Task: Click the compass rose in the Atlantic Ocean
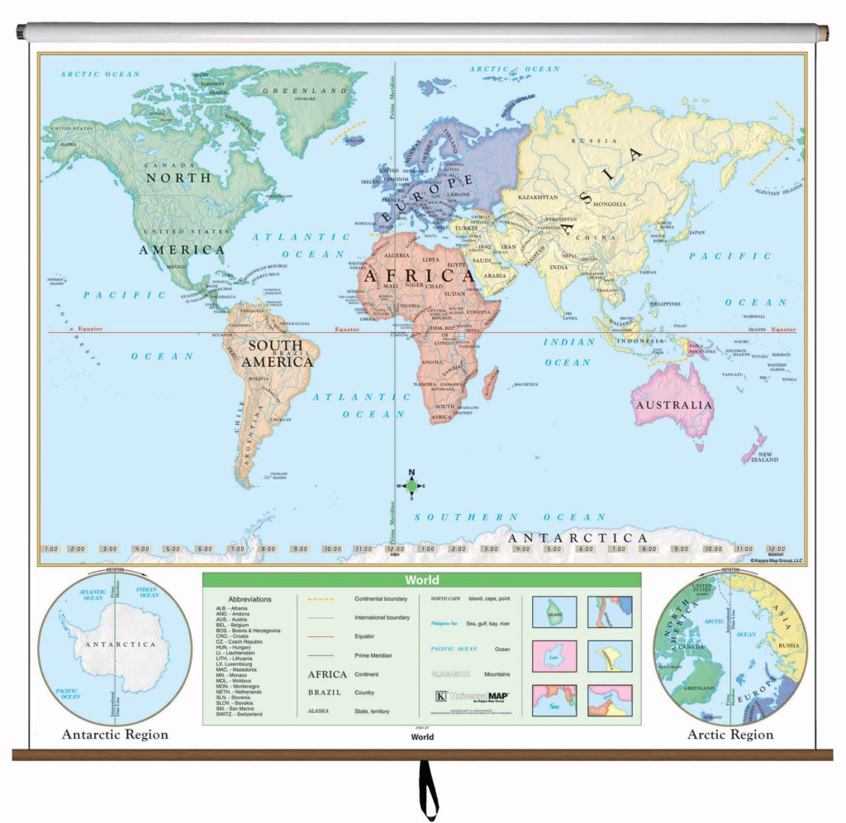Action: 412,486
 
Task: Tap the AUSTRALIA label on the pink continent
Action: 672,405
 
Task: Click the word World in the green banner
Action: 421,580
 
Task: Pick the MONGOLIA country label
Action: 607,203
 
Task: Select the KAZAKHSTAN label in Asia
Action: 538,197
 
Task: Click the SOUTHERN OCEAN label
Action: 510,516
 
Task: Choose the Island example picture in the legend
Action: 554,612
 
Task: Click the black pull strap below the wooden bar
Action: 427,790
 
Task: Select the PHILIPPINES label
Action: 663,304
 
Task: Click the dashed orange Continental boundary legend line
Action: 325,598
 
